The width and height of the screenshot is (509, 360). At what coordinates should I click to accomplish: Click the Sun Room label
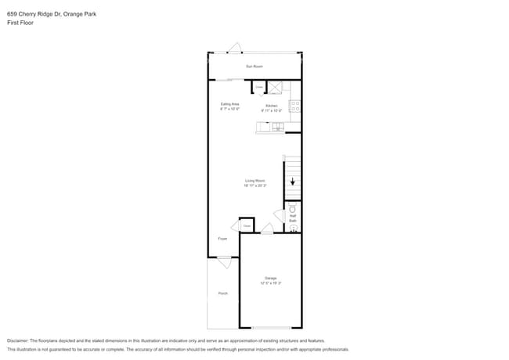pos(254,67)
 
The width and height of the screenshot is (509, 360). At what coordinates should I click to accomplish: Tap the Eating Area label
pos(229,104)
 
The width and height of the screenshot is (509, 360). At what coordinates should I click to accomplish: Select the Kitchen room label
pos(271,106)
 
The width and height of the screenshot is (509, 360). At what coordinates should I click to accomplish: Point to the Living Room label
pos(254,181)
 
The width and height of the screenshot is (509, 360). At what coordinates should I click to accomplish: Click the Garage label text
pos(269,279)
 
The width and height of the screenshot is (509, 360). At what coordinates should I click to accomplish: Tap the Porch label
pos(222,293)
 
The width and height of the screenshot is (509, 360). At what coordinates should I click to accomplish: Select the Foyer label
pos(222,239)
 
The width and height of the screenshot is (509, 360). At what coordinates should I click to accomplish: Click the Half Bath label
pos(293,218)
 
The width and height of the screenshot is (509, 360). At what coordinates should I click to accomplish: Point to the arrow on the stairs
pos(293,182)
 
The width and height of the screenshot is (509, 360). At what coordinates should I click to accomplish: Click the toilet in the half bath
pos(293,209)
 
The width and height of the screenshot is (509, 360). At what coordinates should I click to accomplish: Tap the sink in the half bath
pos(293,229)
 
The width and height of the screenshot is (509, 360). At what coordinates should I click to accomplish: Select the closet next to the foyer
pos(247,226)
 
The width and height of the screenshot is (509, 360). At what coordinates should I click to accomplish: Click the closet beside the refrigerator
pos(258,87)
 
